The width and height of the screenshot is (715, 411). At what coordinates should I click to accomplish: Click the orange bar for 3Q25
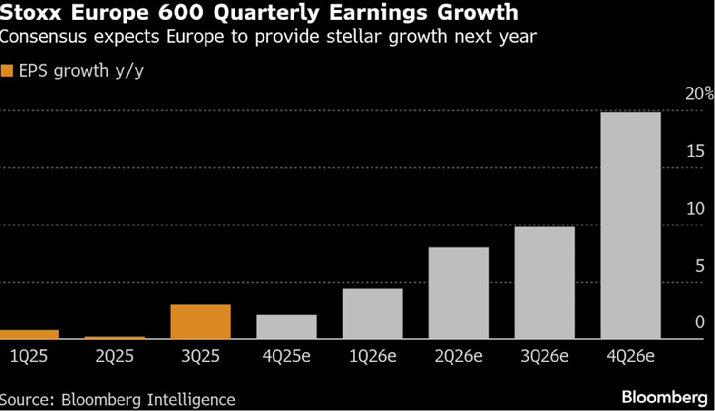click(x=200, y=322)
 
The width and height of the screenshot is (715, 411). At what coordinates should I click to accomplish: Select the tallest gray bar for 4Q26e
click(x=630, y=225)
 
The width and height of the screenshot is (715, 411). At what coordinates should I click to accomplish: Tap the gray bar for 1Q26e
click(x=372, y=313)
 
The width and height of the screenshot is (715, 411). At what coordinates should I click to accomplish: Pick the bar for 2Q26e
click(x=459, y=293)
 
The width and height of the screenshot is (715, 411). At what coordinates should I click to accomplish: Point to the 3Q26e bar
click(x=544, y=283)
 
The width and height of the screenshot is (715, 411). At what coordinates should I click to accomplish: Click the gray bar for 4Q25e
click(x=286, y=327)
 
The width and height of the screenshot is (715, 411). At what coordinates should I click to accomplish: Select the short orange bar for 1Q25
click(x=29, y=334)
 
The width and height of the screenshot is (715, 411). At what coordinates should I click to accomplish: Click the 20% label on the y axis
click(x=698, y=94)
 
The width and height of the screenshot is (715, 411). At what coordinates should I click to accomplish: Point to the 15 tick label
click(x=695, y=151)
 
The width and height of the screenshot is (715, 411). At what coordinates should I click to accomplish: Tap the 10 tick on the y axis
click(x=695, y=208)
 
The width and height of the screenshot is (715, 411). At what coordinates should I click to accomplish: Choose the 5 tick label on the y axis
click(x=699, y=265)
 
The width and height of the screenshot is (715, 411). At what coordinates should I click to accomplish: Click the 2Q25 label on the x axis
click(x=115, y=356)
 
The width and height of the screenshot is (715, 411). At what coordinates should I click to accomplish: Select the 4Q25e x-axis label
click(x=286, y=356)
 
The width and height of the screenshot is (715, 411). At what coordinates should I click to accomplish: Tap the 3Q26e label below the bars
click(x=544, y=356)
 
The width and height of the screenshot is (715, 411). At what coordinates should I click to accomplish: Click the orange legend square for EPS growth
click(x=7, y=71)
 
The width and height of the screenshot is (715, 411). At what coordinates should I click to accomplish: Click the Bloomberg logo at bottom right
click(x=664, y=397)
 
